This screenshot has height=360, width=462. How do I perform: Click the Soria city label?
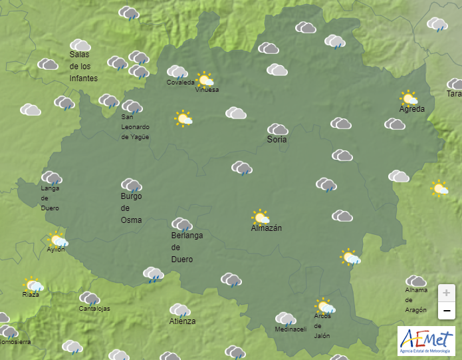click(x=277, y=140)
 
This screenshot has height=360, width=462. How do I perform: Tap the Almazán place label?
click(x=267, y=228)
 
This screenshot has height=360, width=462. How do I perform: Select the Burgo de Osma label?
click(x=131, y=208)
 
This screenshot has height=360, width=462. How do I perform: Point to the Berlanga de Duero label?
click(x=187, y=247)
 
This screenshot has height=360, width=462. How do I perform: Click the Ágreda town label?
click(x=411, y=109)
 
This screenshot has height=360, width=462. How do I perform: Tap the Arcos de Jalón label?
click(x=322, y=326)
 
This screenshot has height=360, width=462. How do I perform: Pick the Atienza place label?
click(x=182, y=321)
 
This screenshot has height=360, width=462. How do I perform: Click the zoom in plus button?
click(x=447, y=292)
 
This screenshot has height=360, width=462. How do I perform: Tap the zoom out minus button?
click(x=447, y=310)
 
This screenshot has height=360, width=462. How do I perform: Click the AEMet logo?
click(x=425, y=339)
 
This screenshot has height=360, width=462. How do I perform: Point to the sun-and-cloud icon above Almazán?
click(x=261, y=217)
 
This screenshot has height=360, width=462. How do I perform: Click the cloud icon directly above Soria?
click(x=277, y=128)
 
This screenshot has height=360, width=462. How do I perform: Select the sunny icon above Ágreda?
click(x=408, y=98)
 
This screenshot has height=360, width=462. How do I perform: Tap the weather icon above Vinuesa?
click(x=205, y=80)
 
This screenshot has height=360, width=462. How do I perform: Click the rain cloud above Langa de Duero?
click(x=51, y=177)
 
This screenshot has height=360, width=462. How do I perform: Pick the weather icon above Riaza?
click(x=33, y=285)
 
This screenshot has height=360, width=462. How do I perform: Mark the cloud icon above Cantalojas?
click(x=89, y=298)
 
